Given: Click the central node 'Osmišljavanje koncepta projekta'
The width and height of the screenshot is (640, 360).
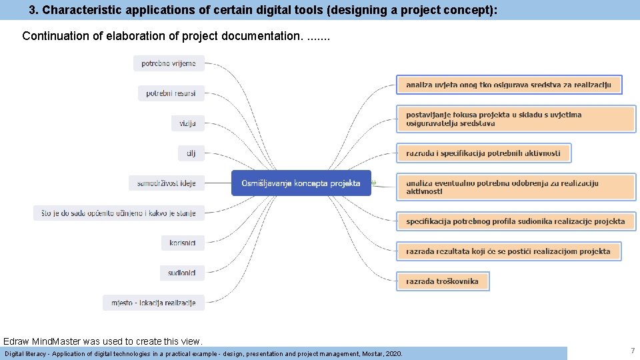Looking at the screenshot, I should tap(301, 183).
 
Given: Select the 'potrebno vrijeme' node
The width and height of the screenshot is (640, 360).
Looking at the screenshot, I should tap(169, 63).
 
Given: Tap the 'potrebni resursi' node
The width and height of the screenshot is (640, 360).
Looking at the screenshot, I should tap(171, 93).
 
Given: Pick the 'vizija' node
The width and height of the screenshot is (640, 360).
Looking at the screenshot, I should tap(187, 123).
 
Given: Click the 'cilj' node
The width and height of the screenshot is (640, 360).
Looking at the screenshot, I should tap(191, 153).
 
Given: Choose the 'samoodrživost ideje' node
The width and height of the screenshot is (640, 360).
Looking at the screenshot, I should tap(167, 183).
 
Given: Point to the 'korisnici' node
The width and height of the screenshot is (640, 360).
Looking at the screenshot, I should tap(183, 243).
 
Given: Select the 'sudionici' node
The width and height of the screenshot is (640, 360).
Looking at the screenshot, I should tap(182, 272).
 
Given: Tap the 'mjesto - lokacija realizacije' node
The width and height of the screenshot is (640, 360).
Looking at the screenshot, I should tap(153, 303).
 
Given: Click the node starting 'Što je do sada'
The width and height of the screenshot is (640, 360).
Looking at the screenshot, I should tap(119, 213).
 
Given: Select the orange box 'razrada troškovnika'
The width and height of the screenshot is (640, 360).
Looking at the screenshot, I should tap(443, 281).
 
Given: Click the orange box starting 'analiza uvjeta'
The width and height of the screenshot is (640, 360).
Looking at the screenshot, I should tap(509, 85).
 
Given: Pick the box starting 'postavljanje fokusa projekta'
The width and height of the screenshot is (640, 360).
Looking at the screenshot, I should tap(515, 119).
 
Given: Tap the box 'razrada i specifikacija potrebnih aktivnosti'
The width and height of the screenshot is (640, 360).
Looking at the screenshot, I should tap(483, 153).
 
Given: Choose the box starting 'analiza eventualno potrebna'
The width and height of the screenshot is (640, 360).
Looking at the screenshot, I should tap(515, 187).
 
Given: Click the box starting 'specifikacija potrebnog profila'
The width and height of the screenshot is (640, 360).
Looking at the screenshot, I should tap(515, 221).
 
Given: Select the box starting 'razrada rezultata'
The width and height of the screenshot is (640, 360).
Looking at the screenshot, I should tap(508, 251).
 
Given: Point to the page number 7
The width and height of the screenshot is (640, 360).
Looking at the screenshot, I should tap(632, 351).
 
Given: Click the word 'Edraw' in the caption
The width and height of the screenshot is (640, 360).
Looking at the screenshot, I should tap(16, 341).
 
